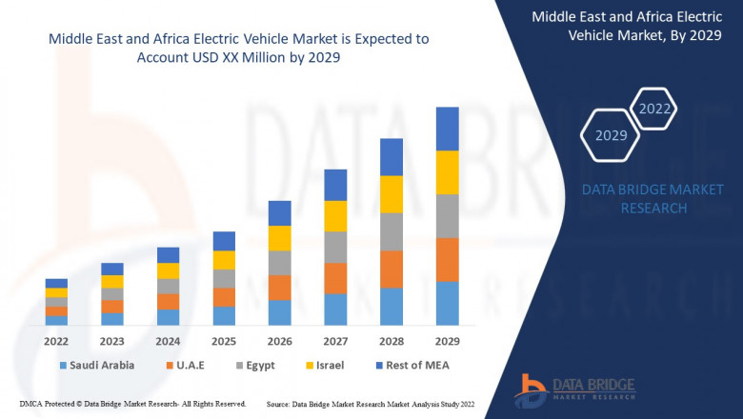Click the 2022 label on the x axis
(56, 340)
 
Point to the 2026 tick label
(279, 340)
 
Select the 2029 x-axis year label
(447, 340)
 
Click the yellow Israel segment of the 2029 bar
(447, 172)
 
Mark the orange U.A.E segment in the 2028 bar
(392, 269)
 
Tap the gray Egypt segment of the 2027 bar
(335, 247)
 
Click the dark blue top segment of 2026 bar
(279, 212)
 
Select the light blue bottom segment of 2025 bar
(224, 315)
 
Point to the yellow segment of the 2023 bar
(112, 281)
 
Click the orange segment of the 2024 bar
(168, 302)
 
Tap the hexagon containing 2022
(654, 109)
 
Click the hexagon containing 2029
(611, 135)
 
